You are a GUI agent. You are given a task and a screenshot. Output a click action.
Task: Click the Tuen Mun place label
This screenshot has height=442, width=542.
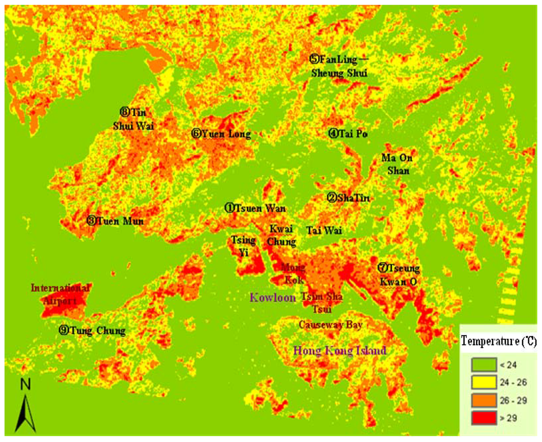(115, 221)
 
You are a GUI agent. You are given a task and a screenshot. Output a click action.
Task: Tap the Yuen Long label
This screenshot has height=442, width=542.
(221, 134)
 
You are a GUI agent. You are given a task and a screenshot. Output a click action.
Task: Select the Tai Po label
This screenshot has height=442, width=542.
(348, 134)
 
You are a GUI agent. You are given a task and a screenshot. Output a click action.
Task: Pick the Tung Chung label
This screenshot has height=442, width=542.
(92, 331)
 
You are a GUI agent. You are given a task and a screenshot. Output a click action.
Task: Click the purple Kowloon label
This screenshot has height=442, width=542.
(272, 298)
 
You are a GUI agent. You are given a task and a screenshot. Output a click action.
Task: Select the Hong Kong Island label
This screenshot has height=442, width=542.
(340, 350)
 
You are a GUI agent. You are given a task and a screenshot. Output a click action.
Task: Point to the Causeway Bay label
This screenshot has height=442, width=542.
(330, 324)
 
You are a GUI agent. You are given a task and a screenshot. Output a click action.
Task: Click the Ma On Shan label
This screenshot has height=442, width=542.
(396, 164)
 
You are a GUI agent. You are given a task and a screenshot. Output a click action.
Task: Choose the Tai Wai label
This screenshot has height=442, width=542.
(324, 230)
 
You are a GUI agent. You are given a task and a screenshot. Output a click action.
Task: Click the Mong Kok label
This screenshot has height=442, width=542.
(293, 272)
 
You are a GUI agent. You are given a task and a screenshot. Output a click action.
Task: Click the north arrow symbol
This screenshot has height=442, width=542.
(24, 405)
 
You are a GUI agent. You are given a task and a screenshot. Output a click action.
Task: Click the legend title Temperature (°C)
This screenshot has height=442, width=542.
(499, 341)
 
